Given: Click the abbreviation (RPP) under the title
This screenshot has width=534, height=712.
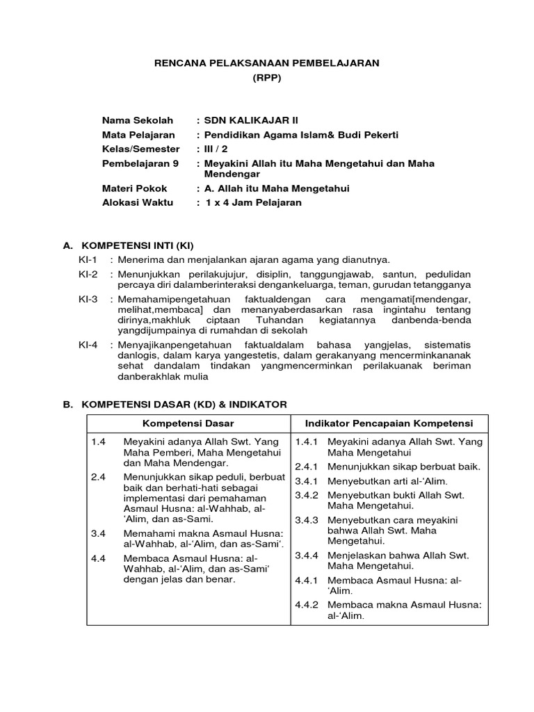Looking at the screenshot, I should (x=266, y=79).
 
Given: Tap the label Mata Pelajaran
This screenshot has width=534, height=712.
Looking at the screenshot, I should (x=138, y=135).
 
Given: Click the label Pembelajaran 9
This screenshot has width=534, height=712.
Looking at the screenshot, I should (x=140, y=163).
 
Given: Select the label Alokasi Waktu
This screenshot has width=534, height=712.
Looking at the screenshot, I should (x=138, y=203).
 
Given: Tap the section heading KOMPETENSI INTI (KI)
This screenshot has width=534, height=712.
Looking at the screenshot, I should (x=138, y=245).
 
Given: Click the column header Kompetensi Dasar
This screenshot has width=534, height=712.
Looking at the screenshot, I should (x=188, y=423).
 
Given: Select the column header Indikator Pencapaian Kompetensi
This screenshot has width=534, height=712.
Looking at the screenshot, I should (x=389, y=423).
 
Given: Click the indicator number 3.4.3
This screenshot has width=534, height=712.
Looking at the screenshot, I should (x=306, y=520).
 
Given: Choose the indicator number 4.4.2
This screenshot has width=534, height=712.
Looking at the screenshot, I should (x=306, y=604).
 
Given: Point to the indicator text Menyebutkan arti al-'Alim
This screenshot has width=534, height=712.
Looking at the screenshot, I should (x=387, y=481).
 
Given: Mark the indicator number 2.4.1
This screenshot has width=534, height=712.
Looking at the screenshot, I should (x=306, y=467).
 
